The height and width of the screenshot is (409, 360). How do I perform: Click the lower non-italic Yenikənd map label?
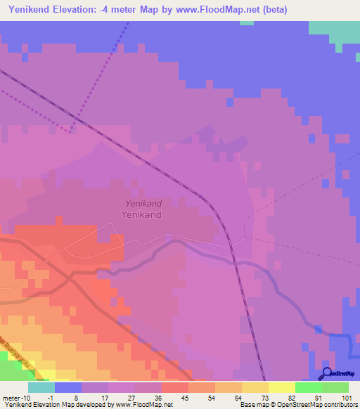click(143, 214)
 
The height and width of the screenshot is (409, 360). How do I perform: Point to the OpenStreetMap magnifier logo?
click(326, 373)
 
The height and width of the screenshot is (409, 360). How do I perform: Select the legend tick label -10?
click(25, 398)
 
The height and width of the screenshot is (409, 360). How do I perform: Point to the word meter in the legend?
click(11, 398)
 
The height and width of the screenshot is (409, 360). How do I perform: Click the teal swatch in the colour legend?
click(41, 387)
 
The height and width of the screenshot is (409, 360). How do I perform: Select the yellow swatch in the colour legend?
click(281, 387)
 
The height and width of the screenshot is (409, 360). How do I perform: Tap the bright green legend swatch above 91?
click(308, 387)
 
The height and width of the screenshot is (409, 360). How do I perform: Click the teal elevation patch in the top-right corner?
click(333, 30)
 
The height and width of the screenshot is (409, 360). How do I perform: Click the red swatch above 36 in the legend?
click(175, 387)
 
